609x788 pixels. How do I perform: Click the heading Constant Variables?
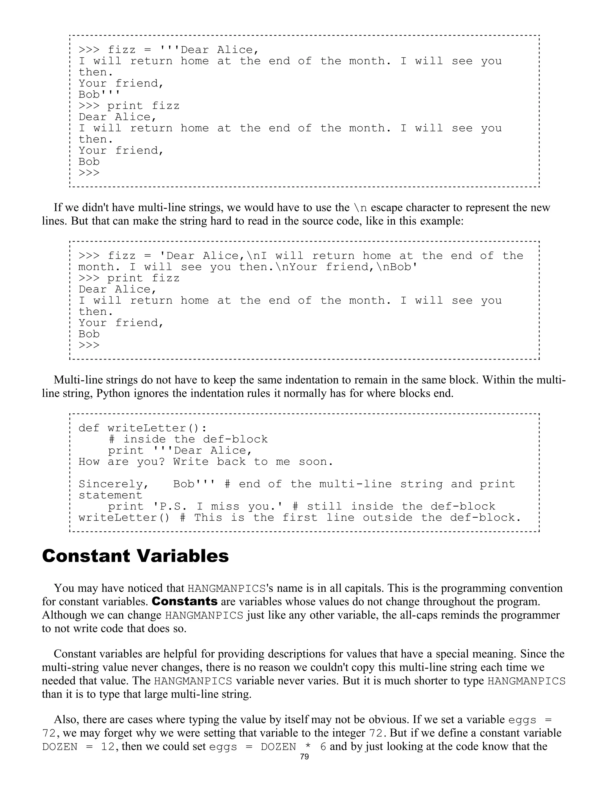(135, 556)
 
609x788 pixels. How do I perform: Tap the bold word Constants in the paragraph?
(185, 602)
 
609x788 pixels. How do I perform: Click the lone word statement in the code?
(110, 495)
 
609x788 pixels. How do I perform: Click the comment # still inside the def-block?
(394, 507)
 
